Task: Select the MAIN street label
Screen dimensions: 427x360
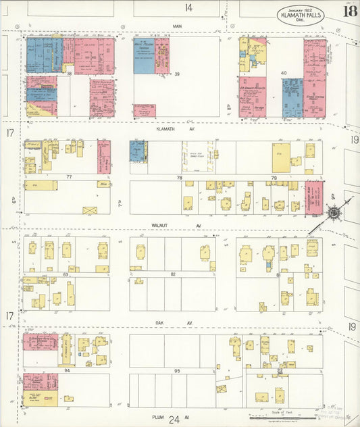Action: (x=178, y=26)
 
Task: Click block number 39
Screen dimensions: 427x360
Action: (x=177, y=74)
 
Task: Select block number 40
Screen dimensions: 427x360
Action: (x=284, y=73)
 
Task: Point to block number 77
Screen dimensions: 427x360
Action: (x=68, y=177)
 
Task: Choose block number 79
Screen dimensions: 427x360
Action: (x=274, y=178)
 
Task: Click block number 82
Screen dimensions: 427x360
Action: (x=173, y=274)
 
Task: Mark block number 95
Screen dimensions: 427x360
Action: (x=177, y=371)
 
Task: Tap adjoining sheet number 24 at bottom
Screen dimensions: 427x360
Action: (x=175, y=420)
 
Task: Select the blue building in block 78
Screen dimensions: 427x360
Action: (x=136, y=151)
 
